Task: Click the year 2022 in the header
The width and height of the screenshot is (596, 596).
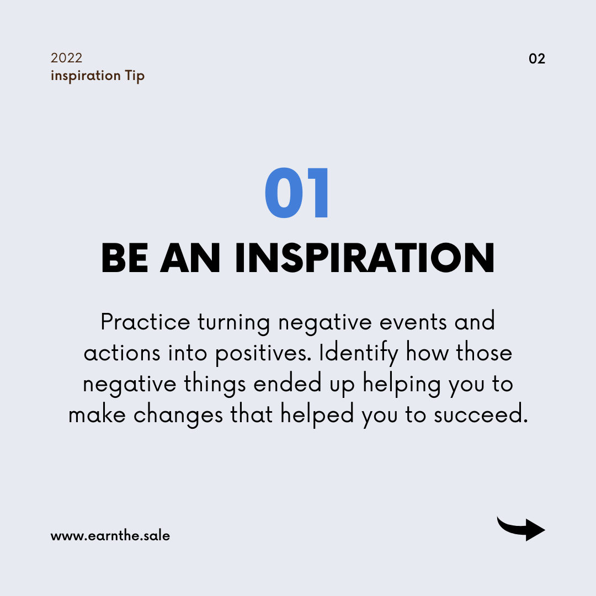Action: coord(66,58)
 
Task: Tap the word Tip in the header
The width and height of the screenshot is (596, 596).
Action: coord(135,76)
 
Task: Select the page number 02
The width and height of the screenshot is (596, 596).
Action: coord(537,58)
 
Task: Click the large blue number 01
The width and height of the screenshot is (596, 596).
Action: coord(296,193)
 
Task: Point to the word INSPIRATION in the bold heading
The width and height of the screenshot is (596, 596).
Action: coord(365,258)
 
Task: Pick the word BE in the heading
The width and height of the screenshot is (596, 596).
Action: coord(124,258)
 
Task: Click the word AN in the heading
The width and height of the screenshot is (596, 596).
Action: coord(190,258)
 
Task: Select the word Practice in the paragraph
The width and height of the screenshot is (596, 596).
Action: coord(145,322)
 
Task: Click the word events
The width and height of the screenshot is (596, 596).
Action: coord(413,323)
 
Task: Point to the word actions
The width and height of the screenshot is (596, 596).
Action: coord(122,353)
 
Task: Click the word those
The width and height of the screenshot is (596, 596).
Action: coord(484,352)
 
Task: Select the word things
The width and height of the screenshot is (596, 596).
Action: coord(215,385)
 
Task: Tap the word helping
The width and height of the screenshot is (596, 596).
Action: coord(401,385)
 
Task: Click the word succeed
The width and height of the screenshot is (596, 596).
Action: coord(481,414)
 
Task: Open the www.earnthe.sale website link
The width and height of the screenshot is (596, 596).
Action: coord(110,535)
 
